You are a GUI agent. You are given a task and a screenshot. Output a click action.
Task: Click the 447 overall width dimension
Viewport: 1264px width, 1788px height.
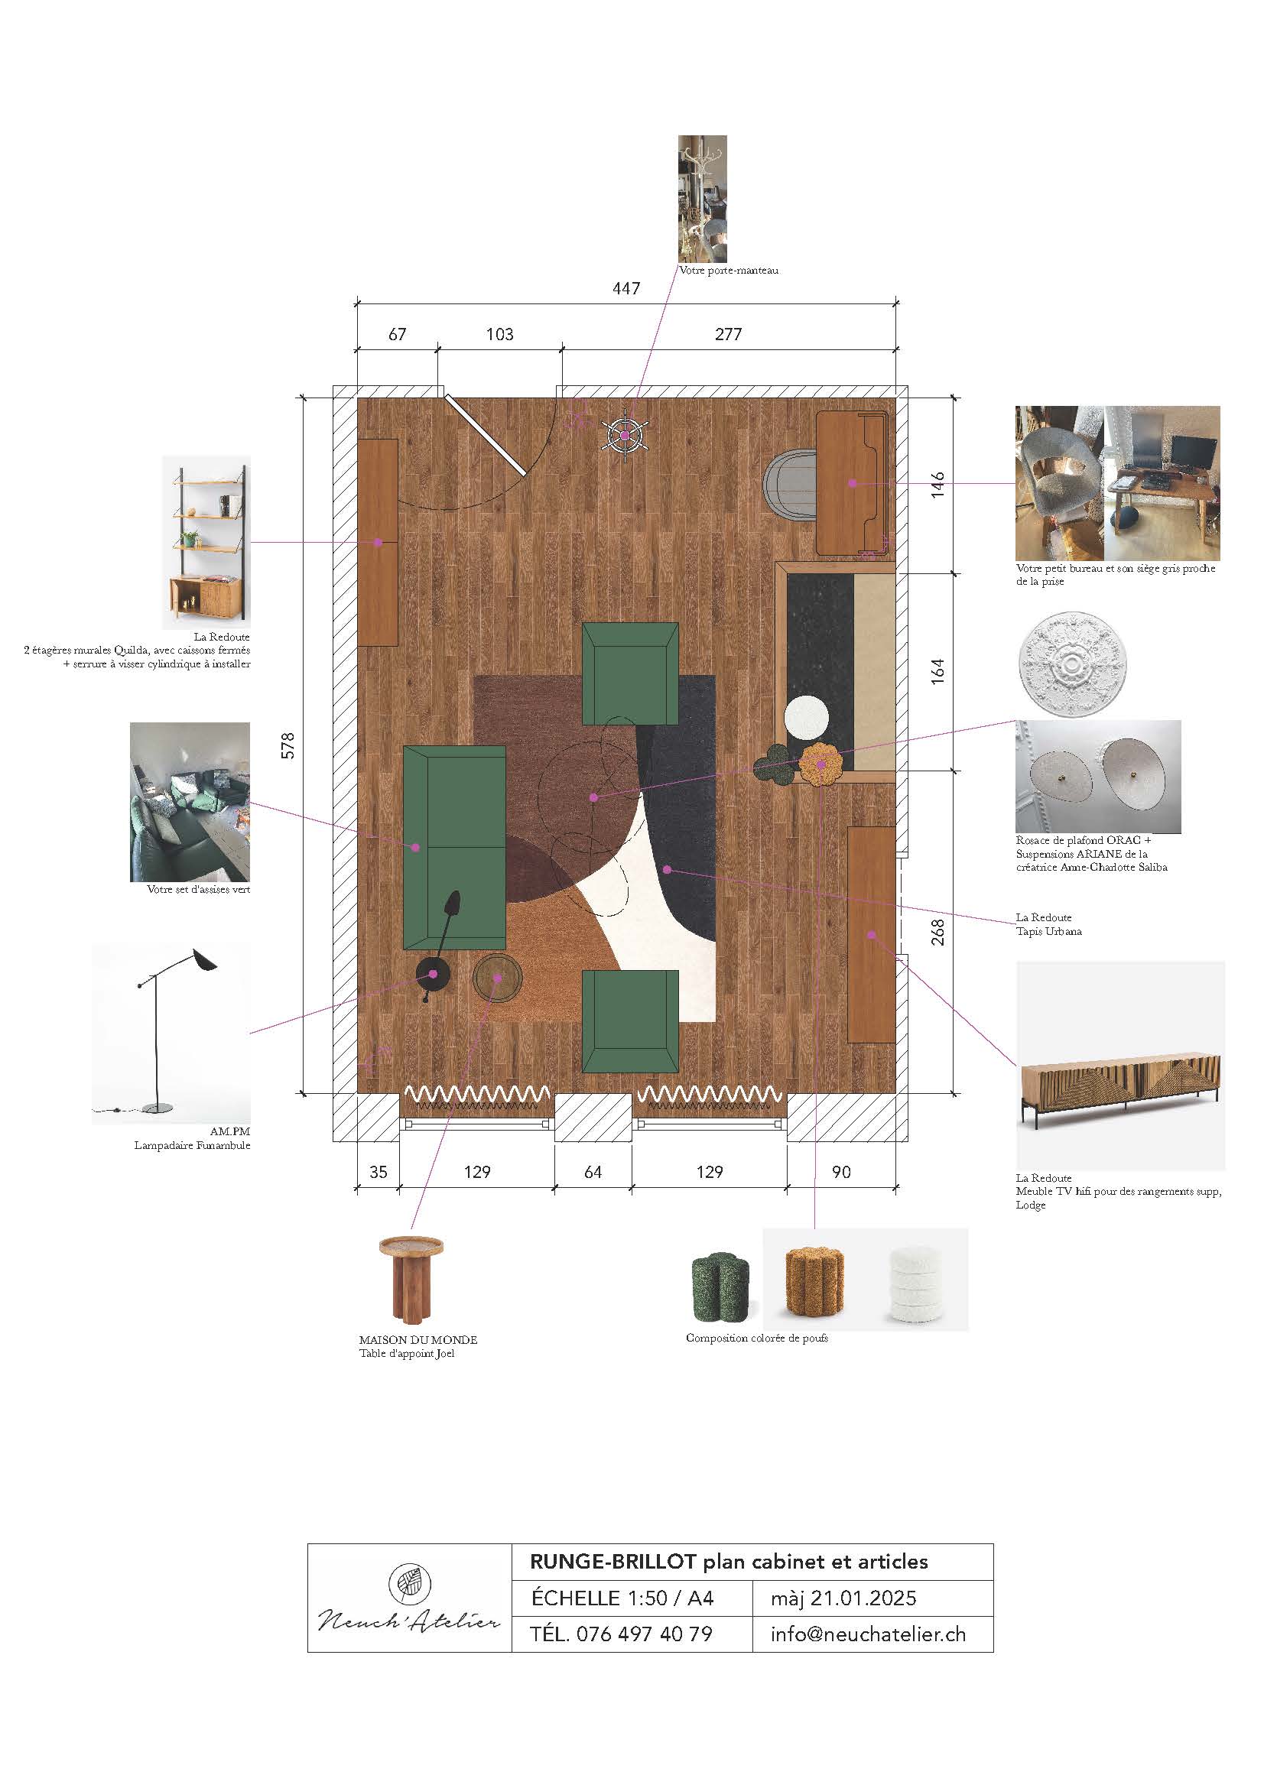626,288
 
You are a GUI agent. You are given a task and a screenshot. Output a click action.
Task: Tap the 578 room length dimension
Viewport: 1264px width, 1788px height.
288,745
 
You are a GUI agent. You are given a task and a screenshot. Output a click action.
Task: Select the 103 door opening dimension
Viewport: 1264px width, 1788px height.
499,334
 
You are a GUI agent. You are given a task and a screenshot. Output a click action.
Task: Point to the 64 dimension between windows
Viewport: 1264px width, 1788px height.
593,1172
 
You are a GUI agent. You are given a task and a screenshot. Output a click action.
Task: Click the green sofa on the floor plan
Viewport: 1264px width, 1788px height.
454,847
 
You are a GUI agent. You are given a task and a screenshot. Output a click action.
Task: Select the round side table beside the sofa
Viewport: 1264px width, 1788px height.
498,979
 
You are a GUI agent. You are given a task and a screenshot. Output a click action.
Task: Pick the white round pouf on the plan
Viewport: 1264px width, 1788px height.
806,717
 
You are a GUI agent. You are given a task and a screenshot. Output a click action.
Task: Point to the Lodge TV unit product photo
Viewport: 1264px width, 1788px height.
1120,1066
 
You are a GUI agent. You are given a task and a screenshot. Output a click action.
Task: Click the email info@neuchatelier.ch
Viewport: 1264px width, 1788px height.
869,1633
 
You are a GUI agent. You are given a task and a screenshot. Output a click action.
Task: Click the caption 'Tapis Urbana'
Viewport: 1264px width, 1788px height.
1048,931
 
